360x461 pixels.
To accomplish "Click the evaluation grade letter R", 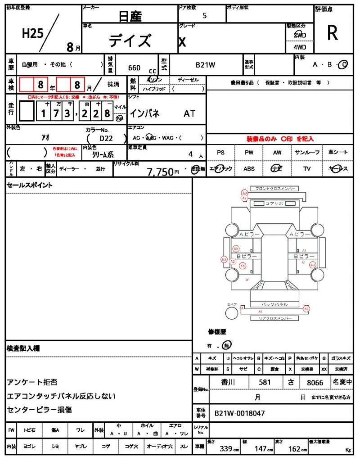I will (333, 33).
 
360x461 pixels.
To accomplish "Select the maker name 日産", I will (130, 17).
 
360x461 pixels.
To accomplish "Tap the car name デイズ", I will (130, 41).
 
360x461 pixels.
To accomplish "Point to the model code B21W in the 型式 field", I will (206, 65).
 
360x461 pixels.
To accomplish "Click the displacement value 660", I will (134, 68).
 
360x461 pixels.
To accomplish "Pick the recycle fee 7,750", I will (160, 172).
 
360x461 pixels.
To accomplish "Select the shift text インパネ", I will (144, 113).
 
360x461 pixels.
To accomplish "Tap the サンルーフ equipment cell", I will (307, 153).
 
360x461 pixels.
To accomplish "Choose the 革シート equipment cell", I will (338, 153).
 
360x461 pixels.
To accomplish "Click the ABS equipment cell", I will (249, 169).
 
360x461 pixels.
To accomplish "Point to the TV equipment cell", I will (307, 169).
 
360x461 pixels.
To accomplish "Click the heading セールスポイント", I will (29, 185).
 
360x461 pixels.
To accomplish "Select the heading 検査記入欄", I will (23, 348).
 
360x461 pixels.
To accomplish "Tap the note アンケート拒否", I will (32, 382).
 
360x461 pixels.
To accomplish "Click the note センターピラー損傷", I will (39, 410).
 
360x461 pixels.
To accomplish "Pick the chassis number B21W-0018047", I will (240, 413).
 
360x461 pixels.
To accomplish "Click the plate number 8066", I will (315, 383).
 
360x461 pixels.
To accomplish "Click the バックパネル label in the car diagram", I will (274, 305).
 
